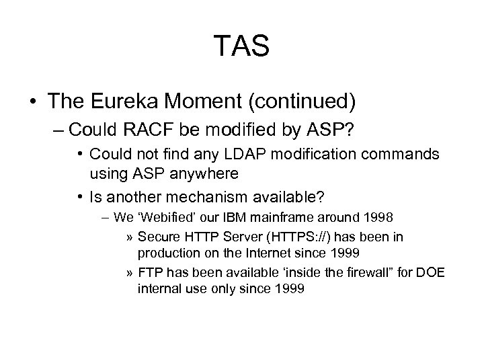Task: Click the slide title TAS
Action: point(242,46)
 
